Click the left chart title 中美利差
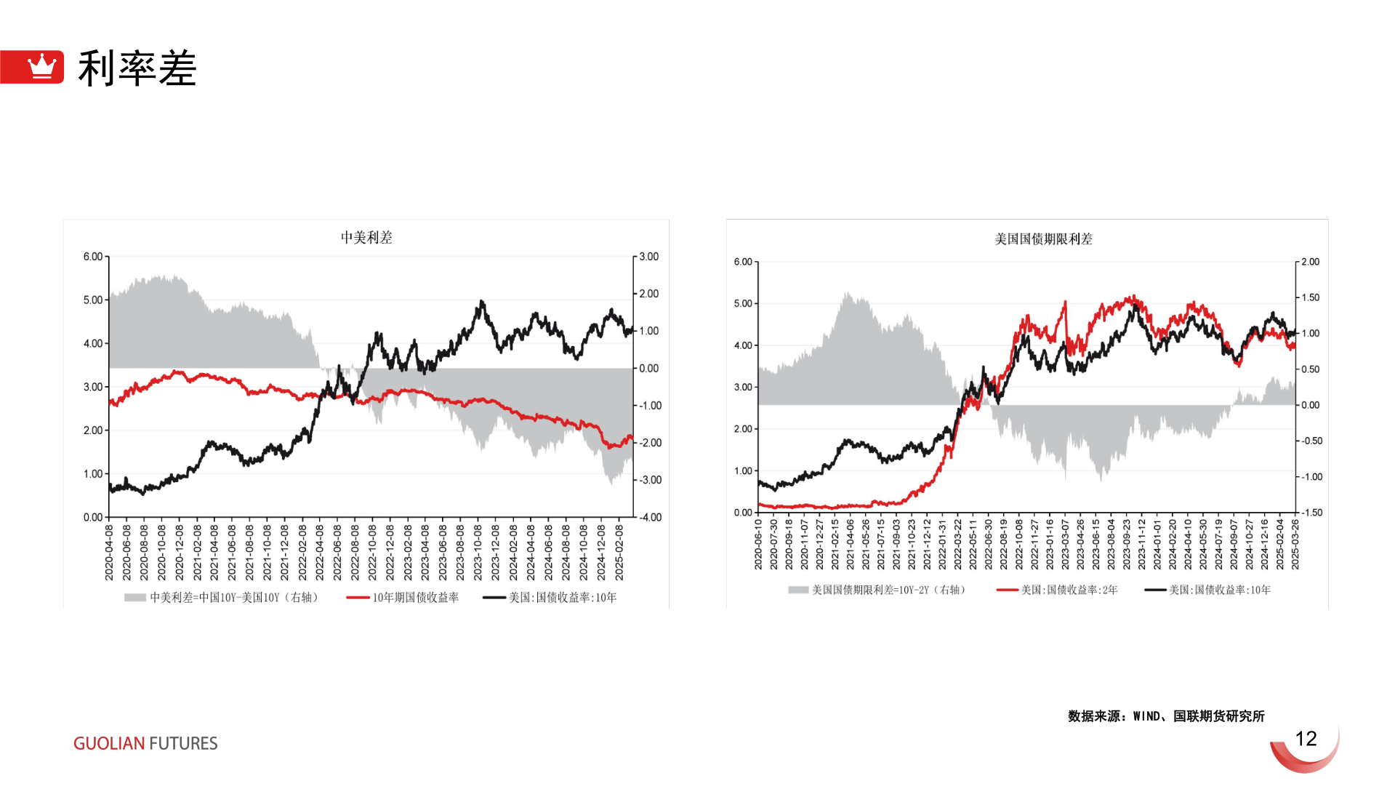pyautogui.click(x=366, y=238)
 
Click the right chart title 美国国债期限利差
pyautogui.click(x=1043, y=239)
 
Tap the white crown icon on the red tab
pyautogui.click(x=41, y=66)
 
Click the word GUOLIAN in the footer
pyautogui.click(x=109, y=743)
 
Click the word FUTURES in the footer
pyautogui.click(x=183, y=743)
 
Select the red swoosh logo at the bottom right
pyautogui.click(x=1306, y=753)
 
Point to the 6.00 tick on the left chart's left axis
pyautogui.click(x=93, y=257)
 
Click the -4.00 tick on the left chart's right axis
pyautogui.click(x=649, y=518)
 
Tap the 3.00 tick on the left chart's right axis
pyautogui.click(x=648, y=257)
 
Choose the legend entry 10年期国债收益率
pyautogui.click(x=415, y=598)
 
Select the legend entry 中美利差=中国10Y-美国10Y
pyautogui.click(x=233, y=598)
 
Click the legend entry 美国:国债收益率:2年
pyautogui.click(x=1069, y=590)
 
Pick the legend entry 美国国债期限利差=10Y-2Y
pyautogui.click(x=888, y=590)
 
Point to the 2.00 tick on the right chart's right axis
pyautogui.click(x=1310, y=262)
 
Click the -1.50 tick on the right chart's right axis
pyautogui.click(x=1311, y=513)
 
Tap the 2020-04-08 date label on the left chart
pyautogui.click(x=109, y=553)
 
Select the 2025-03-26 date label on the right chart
pyautogui.click(x=1295, y=545)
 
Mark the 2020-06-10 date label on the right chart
pyautogui.click(x=758, y=545)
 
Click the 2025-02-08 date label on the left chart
pyautogui.click(x=619, y=553)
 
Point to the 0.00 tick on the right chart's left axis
pyautogui.click(x=743, y=513)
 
